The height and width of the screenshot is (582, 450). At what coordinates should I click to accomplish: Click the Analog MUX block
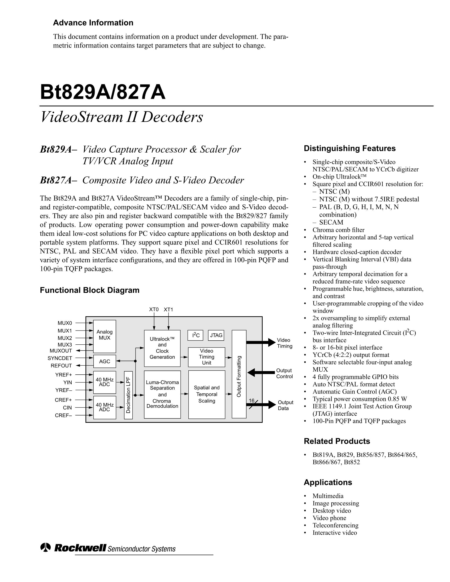[104, 336]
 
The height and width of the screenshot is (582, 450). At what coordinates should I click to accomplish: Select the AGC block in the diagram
[104, 361]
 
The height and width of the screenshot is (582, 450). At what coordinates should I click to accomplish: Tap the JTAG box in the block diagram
[216, 335]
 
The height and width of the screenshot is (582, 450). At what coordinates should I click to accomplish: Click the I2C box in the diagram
[196, 335]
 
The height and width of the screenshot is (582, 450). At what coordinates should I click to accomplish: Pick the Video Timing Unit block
[207, 357]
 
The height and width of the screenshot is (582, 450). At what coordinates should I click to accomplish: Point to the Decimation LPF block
[128, 395]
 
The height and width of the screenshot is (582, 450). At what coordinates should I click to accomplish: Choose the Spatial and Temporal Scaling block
[207, 394]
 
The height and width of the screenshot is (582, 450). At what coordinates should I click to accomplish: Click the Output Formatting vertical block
[239, 374]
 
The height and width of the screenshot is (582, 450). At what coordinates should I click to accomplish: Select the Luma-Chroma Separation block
[162, 394]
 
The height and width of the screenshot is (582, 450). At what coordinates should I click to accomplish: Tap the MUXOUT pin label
[61, 351]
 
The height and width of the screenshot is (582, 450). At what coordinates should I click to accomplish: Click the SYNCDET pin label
[60, 358]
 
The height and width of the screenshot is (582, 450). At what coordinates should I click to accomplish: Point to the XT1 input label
[168, 309]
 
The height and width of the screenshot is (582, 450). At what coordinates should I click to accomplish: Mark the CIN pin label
[67, 407]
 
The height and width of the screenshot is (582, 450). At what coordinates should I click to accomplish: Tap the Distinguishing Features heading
[350, 148]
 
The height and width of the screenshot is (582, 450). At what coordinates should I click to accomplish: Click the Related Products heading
[337, 441]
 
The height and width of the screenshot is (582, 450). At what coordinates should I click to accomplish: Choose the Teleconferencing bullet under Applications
[335, 525]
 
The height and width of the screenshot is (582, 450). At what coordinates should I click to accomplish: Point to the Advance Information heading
[93, 23]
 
